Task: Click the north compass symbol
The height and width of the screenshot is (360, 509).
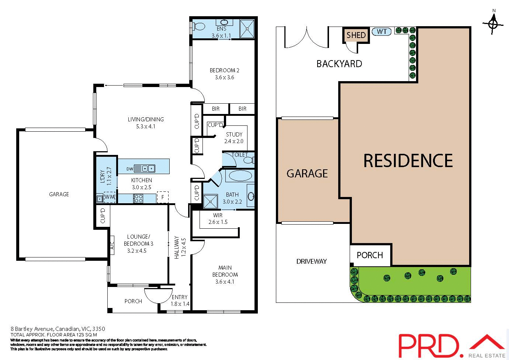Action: point(493,24)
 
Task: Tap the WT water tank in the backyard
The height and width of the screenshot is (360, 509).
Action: point(382,32)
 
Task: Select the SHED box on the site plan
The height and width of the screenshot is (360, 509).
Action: point(356,35)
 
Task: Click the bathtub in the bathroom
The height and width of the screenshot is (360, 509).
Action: point(239,175)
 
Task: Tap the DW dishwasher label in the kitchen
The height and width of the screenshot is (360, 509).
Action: point(129,169)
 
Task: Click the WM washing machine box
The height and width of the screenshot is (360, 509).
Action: point(110,198)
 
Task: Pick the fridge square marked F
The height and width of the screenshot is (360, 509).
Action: point(163,197)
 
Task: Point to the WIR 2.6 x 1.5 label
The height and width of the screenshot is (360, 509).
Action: point(218,219)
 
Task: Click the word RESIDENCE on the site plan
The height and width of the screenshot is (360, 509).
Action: point(408,161)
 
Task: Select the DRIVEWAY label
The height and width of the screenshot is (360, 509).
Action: point(312,262)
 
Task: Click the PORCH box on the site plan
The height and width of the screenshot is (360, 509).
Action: point(370,255)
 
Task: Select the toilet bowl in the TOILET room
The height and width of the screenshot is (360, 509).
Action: point(249,160)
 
